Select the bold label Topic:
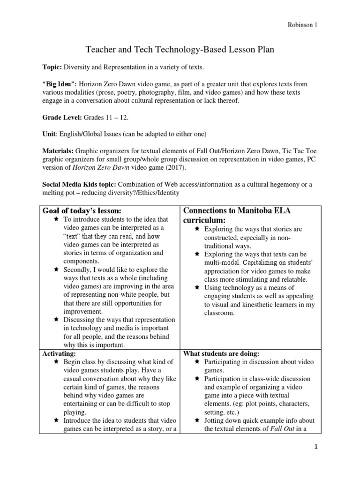tap(52, 67)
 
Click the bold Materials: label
tap(58, 151)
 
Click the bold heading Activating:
tap(58, 353)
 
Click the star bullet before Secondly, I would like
tap(56, 270)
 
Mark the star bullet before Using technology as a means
tap(197, 287)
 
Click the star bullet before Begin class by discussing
tap(56, 362)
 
